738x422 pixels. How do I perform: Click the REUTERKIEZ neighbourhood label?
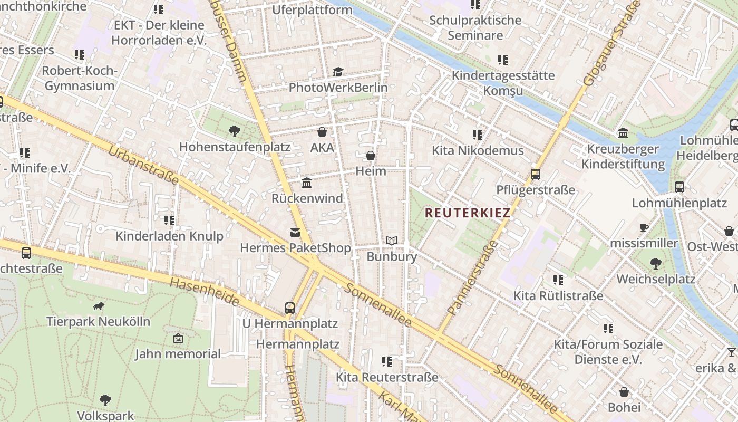tap(468, 213)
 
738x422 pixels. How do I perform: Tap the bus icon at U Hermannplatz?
tap(289, 308)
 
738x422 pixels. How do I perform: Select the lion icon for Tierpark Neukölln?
tap(98, 306)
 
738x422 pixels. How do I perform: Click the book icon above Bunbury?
tap(391, 241)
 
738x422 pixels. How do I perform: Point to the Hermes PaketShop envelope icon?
tap(295, 233)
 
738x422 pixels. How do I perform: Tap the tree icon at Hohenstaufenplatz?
tap(235, 131)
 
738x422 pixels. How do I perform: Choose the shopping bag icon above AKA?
tap(322, 132)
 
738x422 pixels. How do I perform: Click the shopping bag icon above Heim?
tap(371, 156)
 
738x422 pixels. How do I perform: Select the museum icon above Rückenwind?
tap(307, 183)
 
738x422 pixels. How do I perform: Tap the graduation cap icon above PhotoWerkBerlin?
tap(338, 72)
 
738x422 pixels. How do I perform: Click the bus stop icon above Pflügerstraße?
tap(536, 174)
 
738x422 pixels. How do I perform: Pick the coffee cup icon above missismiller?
tap(644, 227)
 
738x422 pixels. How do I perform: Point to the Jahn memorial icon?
tap(178, 338)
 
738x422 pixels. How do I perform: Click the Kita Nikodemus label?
tap(478, 151)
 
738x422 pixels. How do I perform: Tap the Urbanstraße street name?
tap(143, 166)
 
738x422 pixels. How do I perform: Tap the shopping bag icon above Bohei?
tap(624, 392)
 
